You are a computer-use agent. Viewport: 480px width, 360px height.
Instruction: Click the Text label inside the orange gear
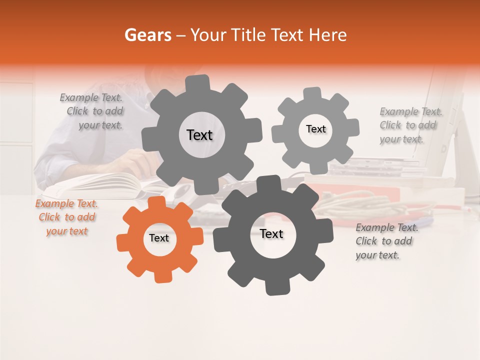click(159, 238)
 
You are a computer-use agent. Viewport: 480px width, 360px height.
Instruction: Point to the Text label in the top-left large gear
click(199, 135)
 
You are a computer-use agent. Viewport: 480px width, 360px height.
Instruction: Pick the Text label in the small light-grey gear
click(315, 129)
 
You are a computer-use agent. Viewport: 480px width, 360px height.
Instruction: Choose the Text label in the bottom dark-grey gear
click(271, 234)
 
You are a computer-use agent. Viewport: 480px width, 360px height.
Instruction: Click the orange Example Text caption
click(66, 217)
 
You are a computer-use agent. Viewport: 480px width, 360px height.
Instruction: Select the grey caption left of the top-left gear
click(92, 111)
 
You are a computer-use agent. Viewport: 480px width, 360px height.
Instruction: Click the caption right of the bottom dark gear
click(386, 241)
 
